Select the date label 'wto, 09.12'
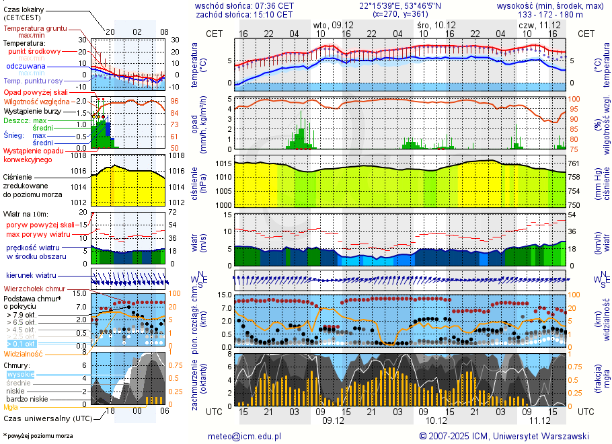click(x=329, y=24)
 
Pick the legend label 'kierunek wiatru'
click(x=30, y=276)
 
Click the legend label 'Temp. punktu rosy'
click(x=33, y=81)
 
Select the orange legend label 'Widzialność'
click(x=24, y=353)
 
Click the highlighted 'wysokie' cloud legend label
click(x=18, y=374)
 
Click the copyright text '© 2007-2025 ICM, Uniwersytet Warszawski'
click(x=504, y=436)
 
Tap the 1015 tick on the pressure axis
click(x=224, y=163)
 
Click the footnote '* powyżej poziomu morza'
click(x=38, y=436)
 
